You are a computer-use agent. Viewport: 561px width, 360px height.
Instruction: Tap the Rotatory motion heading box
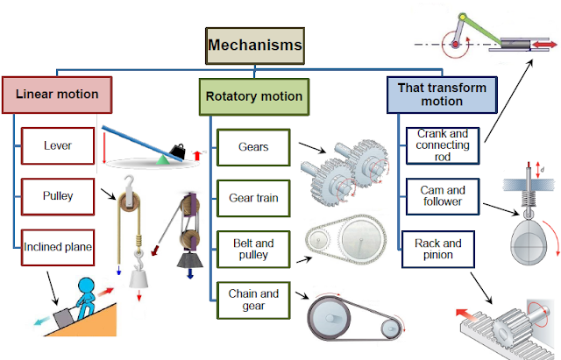[254, 96]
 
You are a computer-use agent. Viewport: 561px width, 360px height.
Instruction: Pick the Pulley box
[57, 195]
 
